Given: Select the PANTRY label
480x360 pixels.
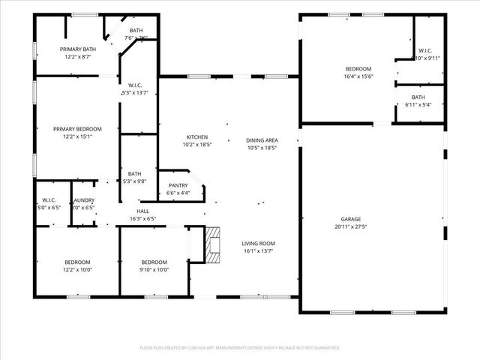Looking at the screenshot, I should [178, 185].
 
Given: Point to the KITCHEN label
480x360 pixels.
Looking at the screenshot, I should [197, 137].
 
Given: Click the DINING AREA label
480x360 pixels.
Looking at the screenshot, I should [262, 140].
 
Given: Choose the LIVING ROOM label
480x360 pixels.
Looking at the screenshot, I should [258, 243].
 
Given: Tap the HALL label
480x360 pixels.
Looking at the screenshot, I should [142, 211].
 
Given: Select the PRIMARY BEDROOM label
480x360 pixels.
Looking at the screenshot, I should [77, 129].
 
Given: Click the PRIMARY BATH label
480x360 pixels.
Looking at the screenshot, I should [78, 49].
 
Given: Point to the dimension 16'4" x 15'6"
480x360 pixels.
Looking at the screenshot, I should [358, 76].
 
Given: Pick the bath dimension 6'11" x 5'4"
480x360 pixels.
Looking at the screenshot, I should [418, 104].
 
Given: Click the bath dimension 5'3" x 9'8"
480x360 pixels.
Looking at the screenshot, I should [135, 181].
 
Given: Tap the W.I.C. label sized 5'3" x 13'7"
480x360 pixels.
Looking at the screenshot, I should [135, 92].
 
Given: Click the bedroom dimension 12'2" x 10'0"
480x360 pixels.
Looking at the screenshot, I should [77, 270].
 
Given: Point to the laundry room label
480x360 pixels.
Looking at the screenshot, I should [83, 200].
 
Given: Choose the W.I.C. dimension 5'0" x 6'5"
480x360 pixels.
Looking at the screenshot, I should [49, 207].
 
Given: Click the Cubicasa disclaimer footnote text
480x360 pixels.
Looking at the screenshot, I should [240, 348].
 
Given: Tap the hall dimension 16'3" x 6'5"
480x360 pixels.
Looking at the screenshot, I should [142, 219].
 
